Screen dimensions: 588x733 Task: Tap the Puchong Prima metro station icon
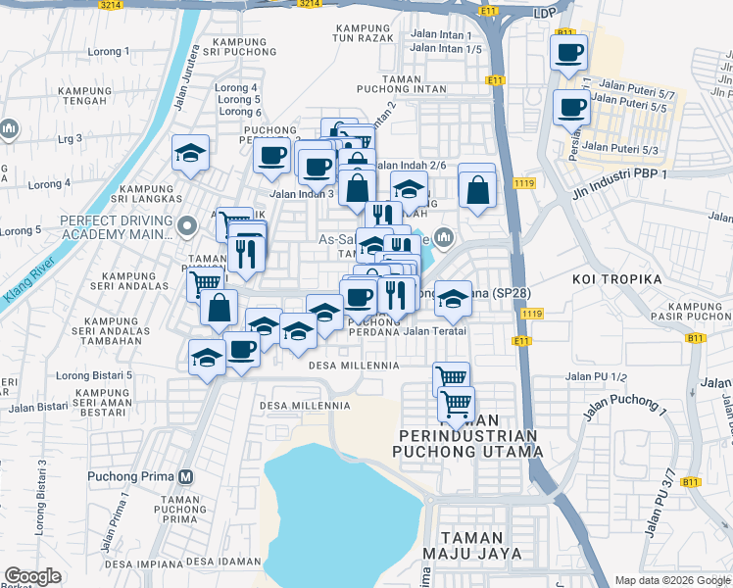(x=185, y=477)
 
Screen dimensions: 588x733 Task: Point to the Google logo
(x=33, y=576)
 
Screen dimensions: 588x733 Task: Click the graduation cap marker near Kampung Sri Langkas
(x=191, y=153)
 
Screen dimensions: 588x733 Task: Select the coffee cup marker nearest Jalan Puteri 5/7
(x=571, y=107)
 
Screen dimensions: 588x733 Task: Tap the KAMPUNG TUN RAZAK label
(x=364, y=33)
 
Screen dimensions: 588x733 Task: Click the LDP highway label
(x=545, y=13)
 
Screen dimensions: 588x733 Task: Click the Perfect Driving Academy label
(x=108, y=227)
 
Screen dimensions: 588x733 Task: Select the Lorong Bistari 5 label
(x=94, y=375)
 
